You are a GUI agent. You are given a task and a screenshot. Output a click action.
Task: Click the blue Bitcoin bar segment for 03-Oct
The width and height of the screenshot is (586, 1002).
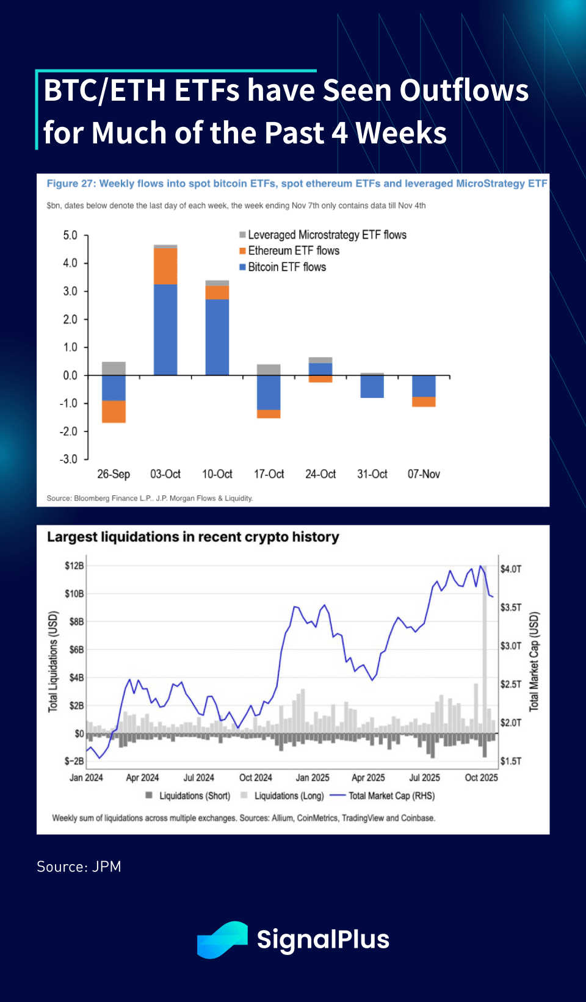click(165, 330)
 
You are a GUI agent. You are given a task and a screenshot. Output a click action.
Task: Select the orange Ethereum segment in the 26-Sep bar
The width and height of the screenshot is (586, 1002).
click(114, 411)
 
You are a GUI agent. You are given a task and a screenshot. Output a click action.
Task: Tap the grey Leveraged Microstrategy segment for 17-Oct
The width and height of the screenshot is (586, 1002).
click(269, 369)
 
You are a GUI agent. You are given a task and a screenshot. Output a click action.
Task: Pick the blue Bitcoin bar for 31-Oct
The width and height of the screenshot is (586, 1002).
click(372, 387)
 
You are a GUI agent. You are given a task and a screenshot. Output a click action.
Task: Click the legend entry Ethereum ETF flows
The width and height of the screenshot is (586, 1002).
click(293, 251)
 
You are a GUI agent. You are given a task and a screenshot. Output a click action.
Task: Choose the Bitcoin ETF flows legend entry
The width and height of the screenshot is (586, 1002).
click(286, 267)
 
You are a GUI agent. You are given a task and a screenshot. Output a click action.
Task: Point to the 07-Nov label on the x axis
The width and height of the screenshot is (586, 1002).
click(424, 474)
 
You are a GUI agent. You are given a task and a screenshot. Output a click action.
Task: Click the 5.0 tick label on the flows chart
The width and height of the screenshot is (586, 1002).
click(70, 236)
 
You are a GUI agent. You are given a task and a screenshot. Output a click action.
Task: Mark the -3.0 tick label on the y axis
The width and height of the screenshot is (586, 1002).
click(69, 459)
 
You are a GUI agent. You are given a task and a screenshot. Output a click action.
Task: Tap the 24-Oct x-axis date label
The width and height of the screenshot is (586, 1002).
click(320, 474)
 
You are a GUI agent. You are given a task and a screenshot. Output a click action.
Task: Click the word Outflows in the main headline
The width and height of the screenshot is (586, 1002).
click(464, 90)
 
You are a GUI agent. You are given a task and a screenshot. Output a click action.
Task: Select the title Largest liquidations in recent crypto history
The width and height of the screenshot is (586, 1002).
click(193, 537)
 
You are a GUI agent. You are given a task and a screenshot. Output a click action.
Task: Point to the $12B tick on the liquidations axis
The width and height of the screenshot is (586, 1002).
click(74, 566)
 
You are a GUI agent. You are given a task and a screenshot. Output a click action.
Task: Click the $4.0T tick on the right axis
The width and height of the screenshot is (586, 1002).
click(511, 569)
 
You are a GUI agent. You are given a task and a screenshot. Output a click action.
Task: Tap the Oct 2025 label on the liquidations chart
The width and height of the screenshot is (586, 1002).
click(481, 777)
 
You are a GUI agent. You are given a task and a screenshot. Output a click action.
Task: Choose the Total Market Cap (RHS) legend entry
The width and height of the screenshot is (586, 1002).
click(391, 796)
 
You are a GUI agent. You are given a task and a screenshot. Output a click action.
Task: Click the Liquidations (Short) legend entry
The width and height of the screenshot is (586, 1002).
click(194, 796)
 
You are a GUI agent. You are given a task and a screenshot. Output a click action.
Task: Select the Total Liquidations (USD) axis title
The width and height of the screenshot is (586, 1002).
click(53, 661)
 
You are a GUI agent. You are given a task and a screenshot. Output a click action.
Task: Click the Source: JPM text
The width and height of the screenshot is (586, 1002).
click(79, 867)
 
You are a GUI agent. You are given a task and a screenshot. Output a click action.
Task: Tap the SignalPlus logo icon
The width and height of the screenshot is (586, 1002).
click(222, 940)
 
